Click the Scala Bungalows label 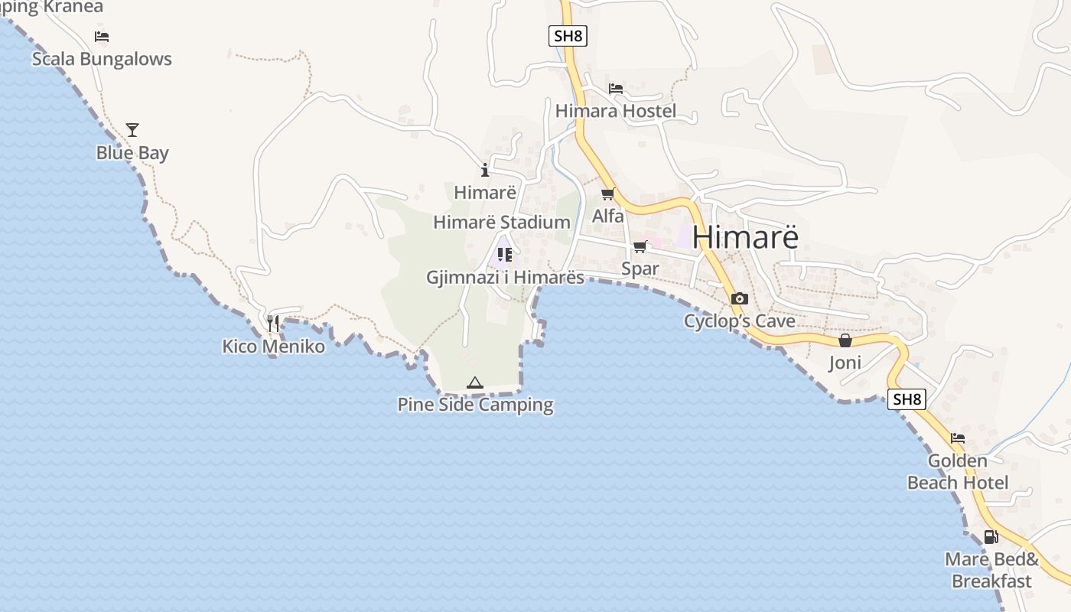102,59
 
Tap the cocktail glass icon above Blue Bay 132,130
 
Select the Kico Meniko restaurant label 273,347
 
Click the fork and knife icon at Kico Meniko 273,324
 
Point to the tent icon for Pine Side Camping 475,382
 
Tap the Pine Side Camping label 475,405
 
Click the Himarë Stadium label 502,223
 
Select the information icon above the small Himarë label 484,170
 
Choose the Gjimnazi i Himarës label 505,278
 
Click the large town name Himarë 745,237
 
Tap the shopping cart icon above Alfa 608,194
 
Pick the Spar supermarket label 640,269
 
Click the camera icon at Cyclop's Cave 740,299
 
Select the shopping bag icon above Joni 845,340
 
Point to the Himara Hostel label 616,111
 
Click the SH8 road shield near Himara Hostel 568,36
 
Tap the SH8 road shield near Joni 907,399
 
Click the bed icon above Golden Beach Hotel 958,438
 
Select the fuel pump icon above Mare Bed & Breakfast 991,536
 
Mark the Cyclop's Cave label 740,321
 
